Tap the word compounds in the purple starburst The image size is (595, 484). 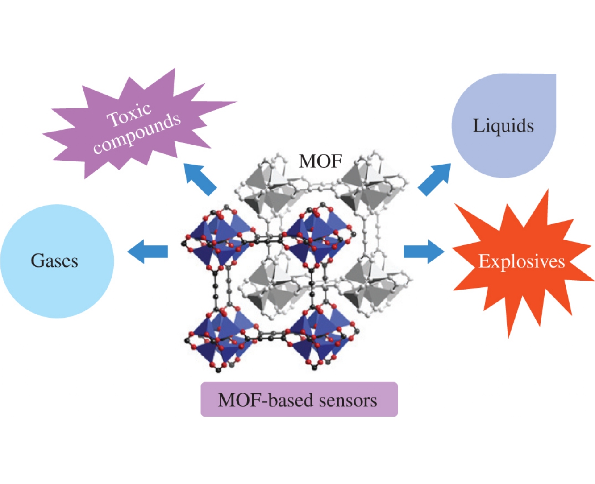(x=137, y=133)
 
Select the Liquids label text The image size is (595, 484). (x=503, y=126)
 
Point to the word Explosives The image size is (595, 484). (x=521, y=261)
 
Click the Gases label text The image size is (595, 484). (x=54, y=261)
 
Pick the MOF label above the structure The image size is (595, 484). (x=320, y=161)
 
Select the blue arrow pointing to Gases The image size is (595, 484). (x=147, y=252)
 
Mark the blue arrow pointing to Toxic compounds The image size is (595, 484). (x=200, y=179)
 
